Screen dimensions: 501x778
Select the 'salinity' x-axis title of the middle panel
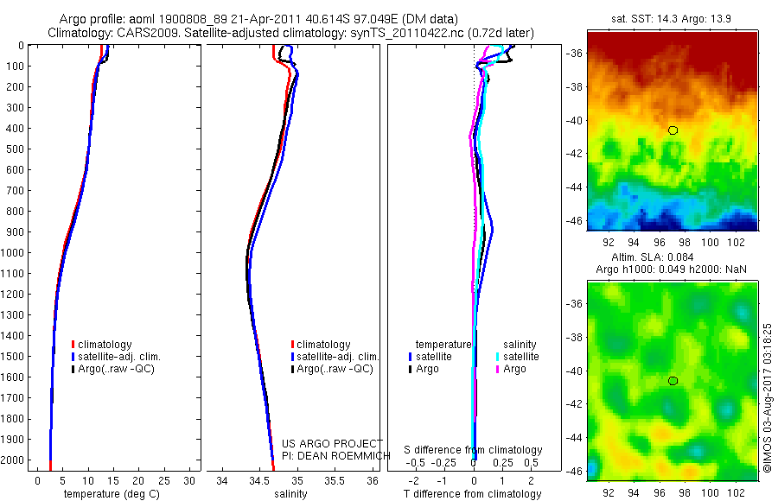click(290, 494)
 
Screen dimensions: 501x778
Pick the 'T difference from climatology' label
click(474, 494)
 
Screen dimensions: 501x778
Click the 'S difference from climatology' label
click(474, 450)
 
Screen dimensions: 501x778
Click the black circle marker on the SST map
click(673, 130)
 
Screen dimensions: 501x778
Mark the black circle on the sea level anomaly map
click(673, 381)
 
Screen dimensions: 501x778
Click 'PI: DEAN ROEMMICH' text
click(332, 455)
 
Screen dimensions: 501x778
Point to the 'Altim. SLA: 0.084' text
click(671, 257)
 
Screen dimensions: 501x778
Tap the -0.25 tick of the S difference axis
click(445, 462)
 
